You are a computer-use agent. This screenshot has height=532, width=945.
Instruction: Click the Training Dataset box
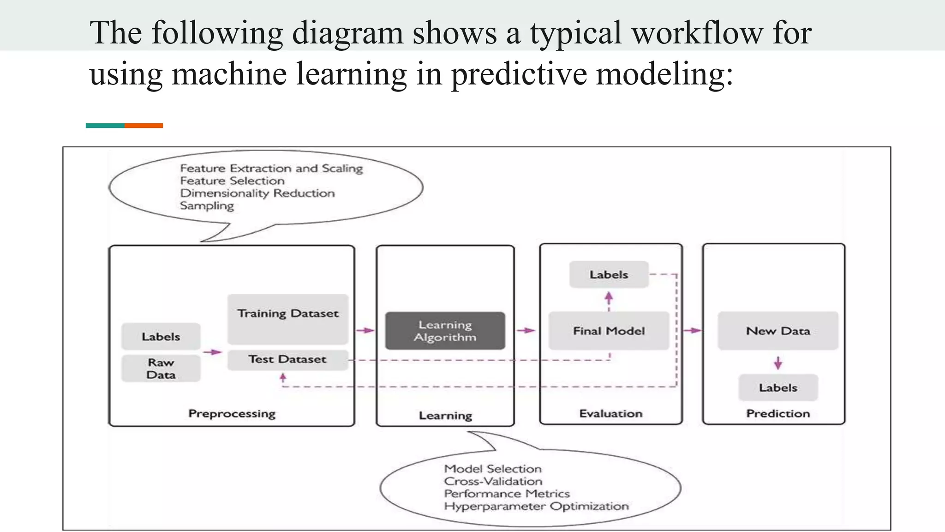288,319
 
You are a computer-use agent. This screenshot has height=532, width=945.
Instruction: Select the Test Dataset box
287,359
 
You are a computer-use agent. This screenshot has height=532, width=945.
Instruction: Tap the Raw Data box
161,369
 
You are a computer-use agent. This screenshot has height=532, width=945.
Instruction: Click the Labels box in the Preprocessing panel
161,337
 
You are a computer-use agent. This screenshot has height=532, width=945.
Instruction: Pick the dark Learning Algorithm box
445,331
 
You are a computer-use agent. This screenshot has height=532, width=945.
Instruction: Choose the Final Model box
609,331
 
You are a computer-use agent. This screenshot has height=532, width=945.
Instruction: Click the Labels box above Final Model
609,274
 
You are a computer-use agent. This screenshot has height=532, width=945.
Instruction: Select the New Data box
778,331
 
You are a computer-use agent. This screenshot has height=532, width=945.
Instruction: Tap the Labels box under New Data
778,387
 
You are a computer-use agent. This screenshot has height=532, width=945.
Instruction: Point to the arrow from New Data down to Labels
778,363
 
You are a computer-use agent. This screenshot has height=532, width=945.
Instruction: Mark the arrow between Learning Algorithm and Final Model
526,330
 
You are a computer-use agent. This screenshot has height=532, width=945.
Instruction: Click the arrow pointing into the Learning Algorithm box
365,330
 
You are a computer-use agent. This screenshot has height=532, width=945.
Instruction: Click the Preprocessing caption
232,413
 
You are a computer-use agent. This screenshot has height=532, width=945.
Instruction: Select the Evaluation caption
610,413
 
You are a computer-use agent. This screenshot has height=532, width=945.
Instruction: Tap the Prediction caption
778,413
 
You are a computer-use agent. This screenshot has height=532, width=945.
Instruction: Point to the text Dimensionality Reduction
257,193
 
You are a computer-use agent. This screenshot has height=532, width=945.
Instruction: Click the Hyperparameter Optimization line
536,506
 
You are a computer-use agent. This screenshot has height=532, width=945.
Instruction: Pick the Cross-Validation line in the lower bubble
493,481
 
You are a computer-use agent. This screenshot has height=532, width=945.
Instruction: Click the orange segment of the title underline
144,126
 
